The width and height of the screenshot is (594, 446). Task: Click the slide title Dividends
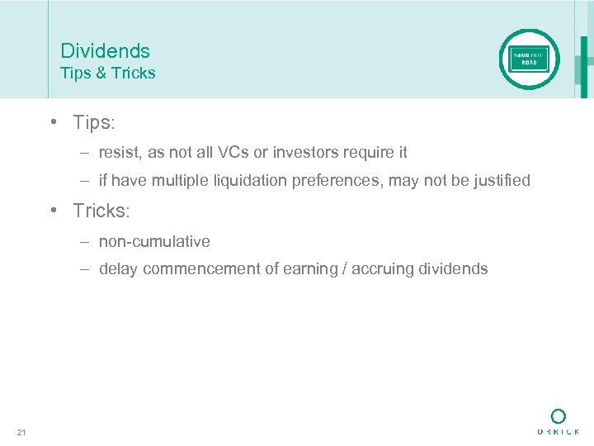click(x=105, y=51)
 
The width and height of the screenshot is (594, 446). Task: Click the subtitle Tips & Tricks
click(x=107, y=73)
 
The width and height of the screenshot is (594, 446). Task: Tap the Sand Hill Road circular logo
click(x=529, y=59)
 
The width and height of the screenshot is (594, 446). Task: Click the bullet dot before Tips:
click(x=52, y=122)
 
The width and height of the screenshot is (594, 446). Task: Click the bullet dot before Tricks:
click(x=52, y=211)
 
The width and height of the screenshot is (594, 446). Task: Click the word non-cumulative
click(x=154, y=241)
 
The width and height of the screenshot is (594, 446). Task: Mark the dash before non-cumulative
click(x=86, y=241)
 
